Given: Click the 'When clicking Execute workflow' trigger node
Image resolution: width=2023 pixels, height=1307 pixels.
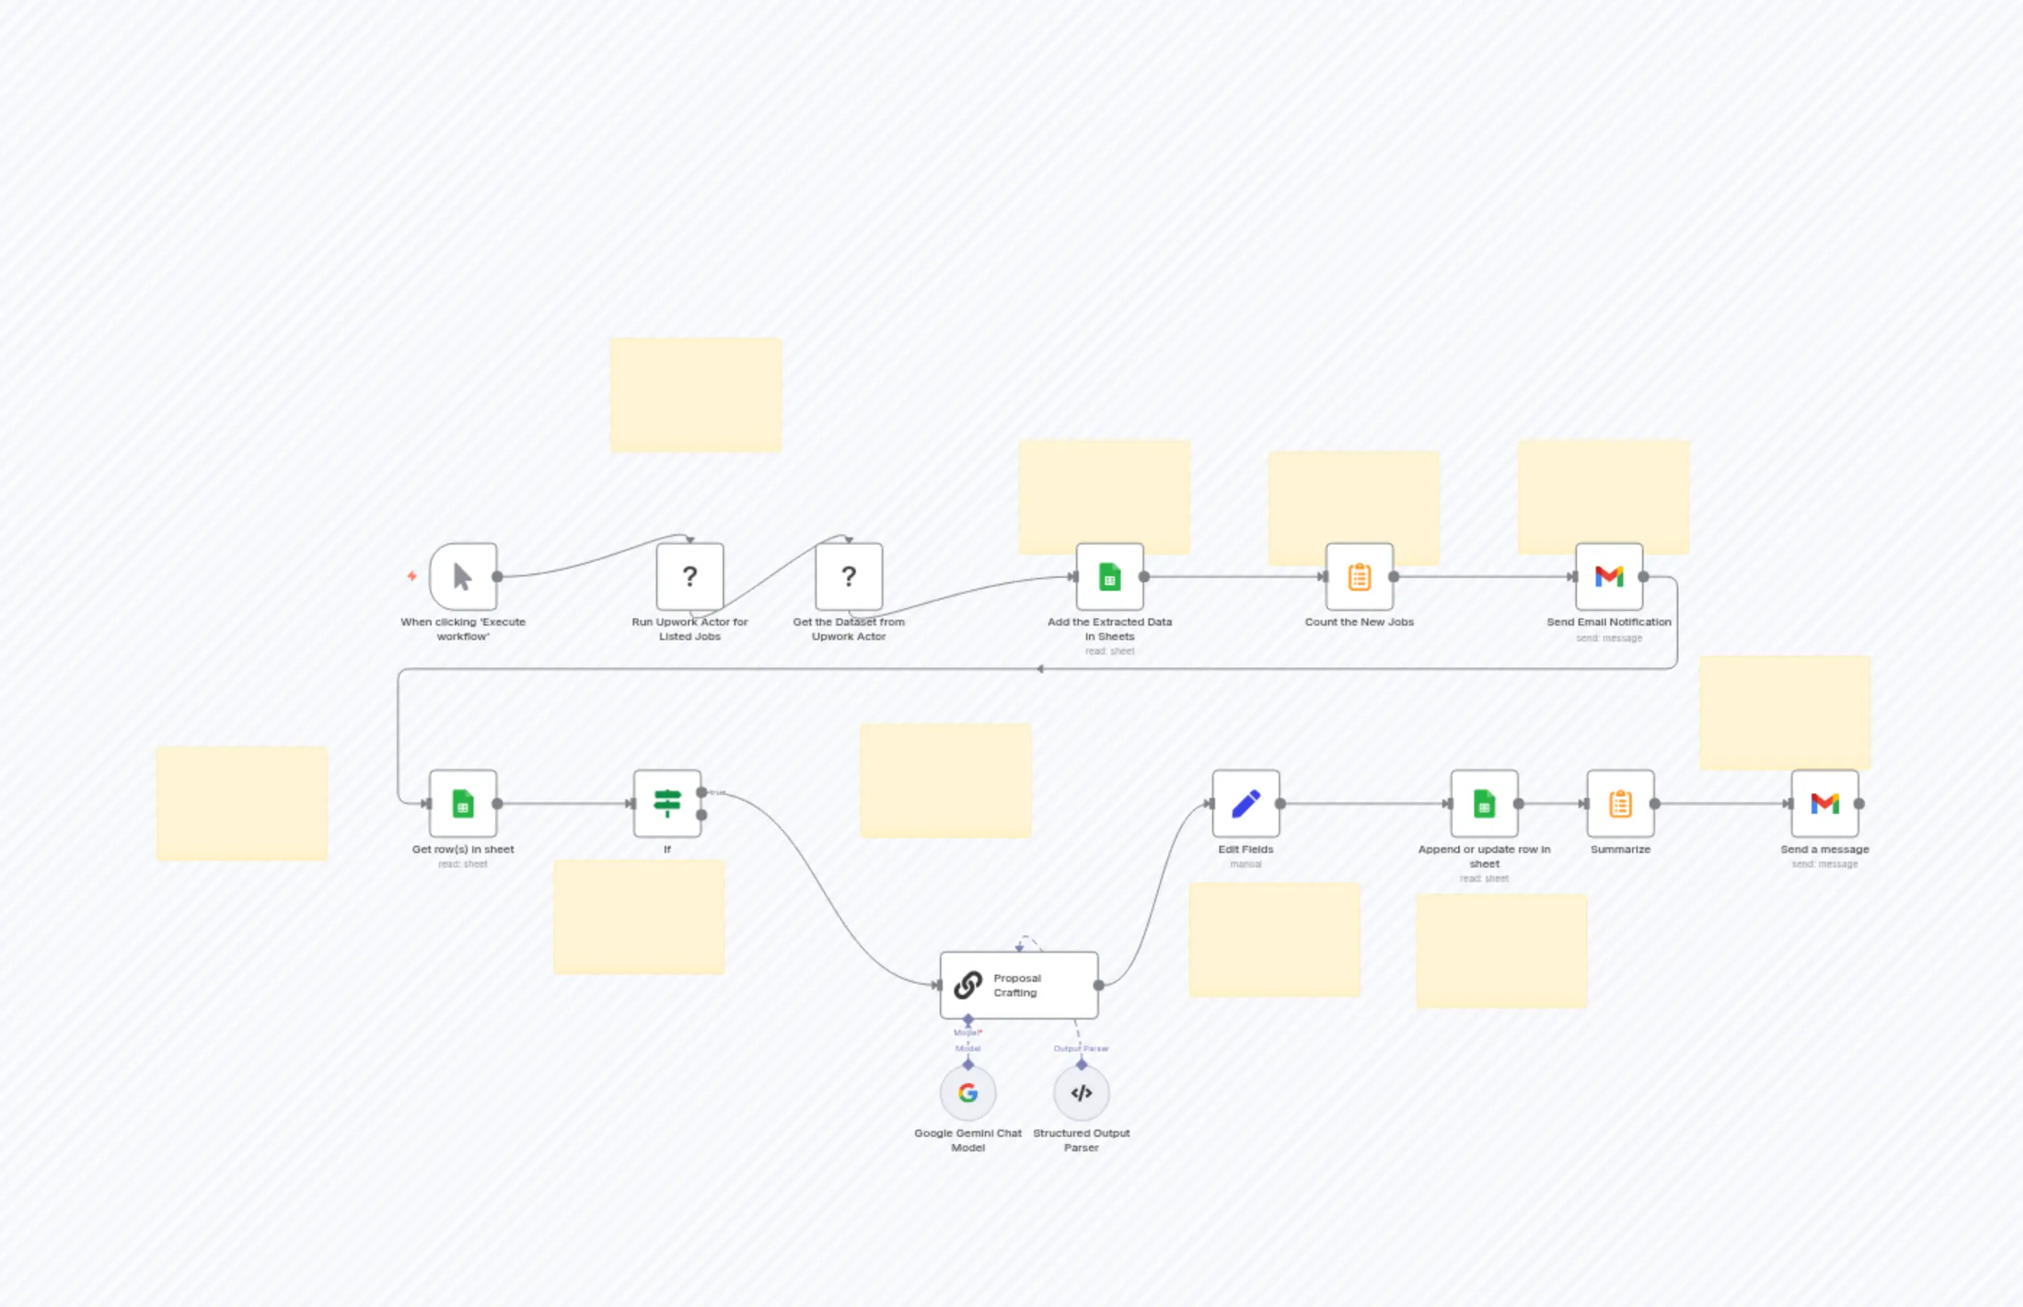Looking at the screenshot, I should point(463,576).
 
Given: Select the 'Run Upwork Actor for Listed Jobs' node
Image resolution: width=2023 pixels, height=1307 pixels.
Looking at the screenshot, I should point(689,576).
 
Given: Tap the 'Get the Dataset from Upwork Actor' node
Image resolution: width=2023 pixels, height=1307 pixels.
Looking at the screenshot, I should point(849,576).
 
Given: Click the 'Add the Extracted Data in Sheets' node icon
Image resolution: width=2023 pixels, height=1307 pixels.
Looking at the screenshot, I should point(1109,576).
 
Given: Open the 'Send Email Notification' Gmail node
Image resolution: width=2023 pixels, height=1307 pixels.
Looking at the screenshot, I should point(1608,576).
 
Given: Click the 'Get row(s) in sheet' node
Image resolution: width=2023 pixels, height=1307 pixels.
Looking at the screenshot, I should point(463,803).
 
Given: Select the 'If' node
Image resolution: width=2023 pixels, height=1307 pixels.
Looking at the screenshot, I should point(667,803).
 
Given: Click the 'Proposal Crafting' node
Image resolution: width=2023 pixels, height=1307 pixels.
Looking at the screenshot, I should point(1018,985).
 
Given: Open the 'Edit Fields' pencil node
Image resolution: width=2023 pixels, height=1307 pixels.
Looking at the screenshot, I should point(1245,803).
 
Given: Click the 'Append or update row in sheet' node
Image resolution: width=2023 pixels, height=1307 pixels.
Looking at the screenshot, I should point(1484,803).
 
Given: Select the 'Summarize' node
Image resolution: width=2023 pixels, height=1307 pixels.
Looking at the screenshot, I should point(1620,803).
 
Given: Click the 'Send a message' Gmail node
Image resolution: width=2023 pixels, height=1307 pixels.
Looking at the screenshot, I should point(1825,803).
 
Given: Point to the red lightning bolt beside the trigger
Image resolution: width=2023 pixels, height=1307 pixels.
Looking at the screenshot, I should point(411,576).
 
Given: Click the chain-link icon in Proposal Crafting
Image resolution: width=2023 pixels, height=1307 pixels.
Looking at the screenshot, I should point(967,985).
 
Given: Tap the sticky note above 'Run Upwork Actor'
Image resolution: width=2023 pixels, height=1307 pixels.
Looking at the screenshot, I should point(695,395).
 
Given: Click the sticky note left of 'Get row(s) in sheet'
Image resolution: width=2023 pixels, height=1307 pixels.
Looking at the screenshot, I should point(242,803).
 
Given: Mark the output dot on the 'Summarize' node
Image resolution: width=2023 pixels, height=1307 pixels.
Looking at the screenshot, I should point(1654,803).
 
